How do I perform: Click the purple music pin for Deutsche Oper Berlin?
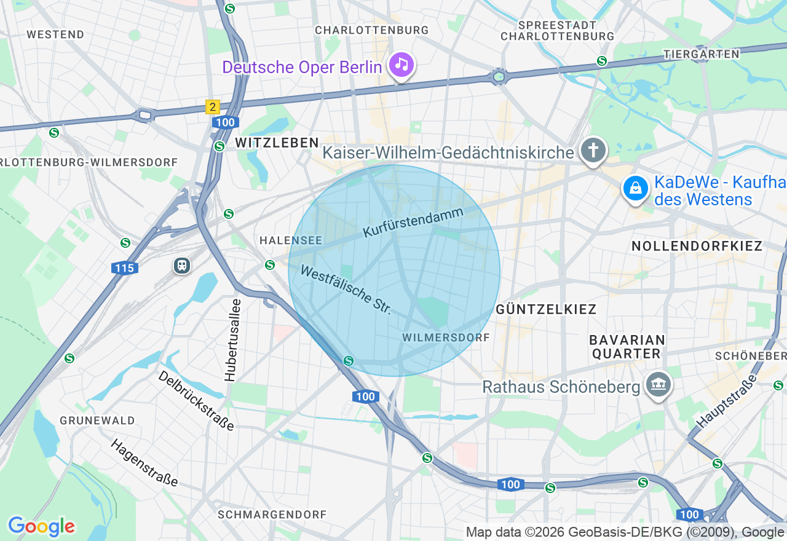tap(401, 64)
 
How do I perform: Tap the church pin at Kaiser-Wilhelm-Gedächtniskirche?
tap(593, 150)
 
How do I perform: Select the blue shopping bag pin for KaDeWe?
tap(635, 188)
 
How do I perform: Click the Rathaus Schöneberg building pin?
tap(658, 385)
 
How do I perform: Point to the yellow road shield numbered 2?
tap(212, 107)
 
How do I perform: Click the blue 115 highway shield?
tap(125, 268)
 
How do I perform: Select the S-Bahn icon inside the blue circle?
tap(349, 360)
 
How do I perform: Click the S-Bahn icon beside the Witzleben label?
tap(219, 146)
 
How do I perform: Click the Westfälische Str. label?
tap(346, 290)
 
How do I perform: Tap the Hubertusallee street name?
tap(231, 340)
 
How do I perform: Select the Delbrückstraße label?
tap(196, 400)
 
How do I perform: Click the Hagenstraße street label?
tap(144, 462)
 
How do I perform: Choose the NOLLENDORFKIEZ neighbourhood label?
tap(697, 247)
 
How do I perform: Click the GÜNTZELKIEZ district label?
tap(546, 309)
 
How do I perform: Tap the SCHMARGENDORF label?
tap(272, 514)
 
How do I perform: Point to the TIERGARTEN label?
tap(701, 54)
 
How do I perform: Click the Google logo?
tap(41, 526)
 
